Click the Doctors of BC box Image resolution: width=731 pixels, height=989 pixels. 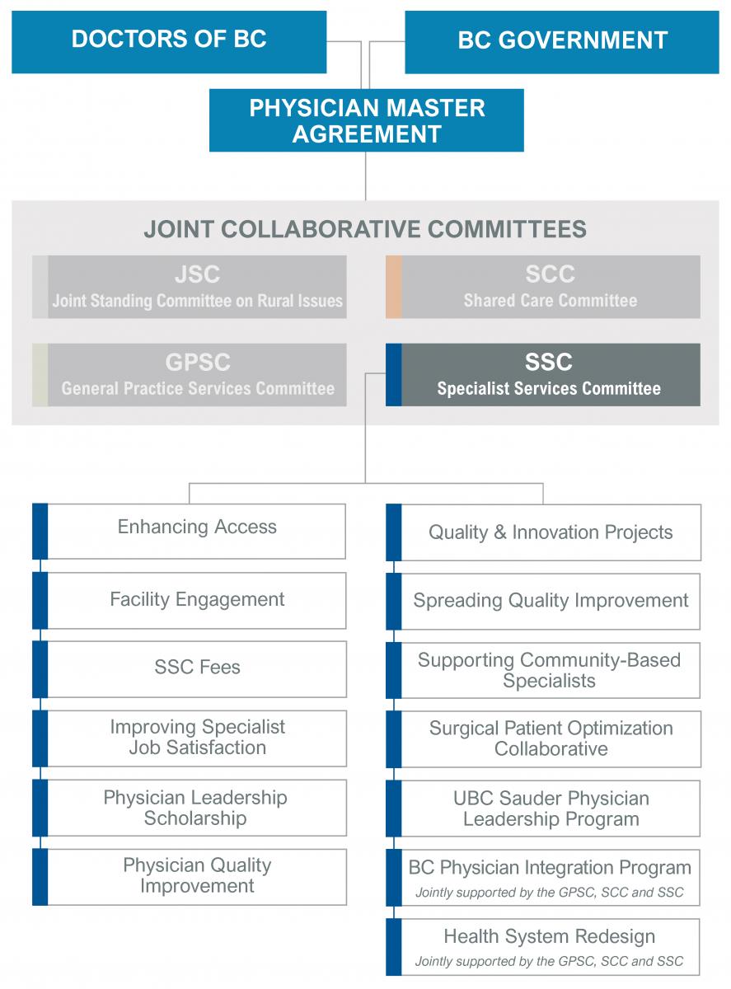click(169, 42)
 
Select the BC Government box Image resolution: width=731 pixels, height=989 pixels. click(562, 42)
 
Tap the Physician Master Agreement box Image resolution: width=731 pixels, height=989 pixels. click(367, 120)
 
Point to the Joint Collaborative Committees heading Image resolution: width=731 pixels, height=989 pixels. click(365, 229)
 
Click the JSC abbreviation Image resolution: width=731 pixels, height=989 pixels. click(197, 274)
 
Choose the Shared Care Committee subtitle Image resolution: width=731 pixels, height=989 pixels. click(551, 301)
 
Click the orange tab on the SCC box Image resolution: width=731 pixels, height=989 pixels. click(394, 287)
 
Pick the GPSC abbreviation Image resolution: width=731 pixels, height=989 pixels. click(198, 362)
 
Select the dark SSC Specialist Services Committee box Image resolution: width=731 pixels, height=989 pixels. click(543, 374)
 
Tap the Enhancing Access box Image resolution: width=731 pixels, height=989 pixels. click(189, 531)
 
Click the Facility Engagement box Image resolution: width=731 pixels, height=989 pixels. click(189, 601)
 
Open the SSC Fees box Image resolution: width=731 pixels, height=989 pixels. click(189, 669)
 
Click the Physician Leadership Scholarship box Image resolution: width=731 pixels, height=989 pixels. click(189, 808)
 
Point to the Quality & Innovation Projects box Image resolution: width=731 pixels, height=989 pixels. click(543, 532)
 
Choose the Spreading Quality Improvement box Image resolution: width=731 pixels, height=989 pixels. click(543, 602)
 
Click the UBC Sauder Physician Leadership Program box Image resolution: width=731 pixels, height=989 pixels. click(543, 809)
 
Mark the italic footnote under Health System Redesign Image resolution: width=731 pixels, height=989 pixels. click(549, 961)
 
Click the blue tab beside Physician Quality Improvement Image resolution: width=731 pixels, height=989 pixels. click(40, 877)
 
